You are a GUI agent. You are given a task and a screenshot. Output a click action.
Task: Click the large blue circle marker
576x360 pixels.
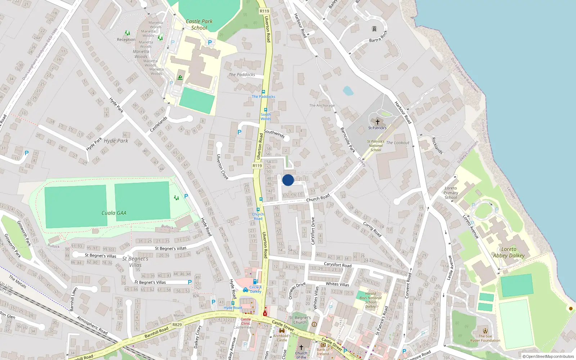[288, 180]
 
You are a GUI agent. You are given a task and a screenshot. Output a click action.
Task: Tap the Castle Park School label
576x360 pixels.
[199, 24]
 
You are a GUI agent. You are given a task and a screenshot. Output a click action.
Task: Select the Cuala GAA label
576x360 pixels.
[114, 213]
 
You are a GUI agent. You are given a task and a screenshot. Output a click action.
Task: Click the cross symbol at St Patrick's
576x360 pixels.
[377, 122]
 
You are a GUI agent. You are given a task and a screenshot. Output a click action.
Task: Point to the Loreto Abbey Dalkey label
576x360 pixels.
[509, 252]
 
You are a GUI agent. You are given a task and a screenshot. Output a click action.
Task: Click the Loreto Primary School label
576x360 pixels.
[451, 193]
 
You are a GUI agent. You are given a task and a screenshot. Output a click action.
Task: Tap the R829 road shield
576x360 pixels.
[177, 325]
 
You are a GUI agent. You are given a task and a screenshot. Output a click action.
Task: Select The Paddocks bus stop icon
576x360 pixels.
[264, 92]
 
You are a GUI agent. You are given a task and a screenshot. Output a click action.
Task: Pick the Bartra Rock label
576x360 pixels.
[378, 37]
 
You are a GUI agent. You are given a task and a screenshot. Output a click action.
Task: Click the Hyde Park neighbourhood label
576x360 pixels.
[116, 141]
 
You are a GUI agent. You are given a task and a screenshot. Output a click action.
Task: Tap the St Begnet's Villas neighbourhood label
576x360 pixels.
[135, 262]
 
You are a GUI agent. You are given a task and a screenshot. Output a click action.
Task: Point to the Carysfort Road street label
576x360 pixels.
[337, 265]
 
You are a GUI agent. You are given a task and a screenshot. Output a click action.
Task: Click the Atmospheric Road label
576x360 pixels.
[92, 325]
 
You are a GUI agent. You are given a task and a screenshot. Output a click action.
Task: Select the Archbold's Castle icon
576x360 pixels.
[282, 330]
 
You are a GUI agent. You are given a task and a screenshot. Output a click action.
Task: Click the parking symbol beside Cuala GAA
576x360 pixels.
[186, 196]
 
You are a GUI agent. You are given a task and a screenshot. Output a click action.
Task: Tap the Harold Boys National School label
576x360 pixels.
[370, 300]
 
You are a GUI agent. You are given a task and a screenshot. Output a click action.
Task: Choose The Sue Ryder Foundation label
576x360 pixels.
[485, 338]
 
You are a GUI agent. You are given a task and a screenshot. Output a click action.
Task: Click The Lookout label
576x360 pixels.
[397, 143]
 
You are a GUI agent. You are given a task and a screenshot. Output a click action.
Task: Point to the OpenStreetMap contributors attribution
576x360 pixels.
[548, 357]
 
